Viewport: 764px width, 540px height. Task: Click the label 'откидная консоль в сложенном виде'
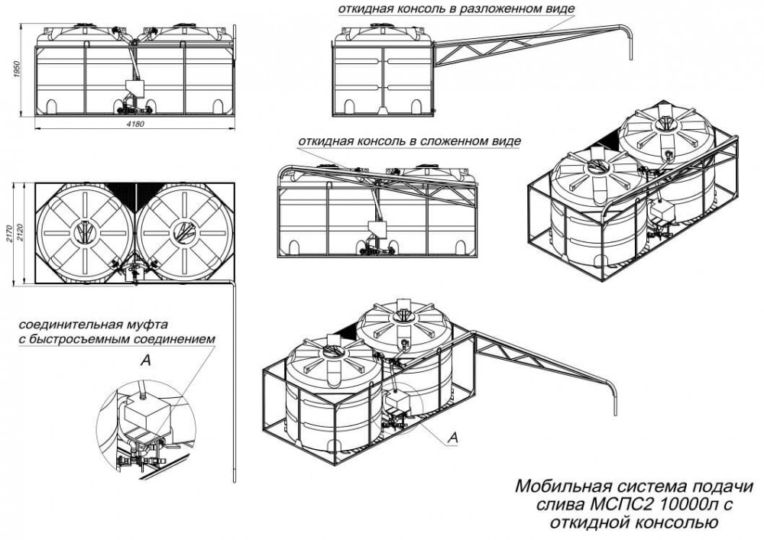coord(410,142)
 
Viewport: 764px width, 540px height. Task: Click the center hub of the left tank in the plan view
coord(86,232)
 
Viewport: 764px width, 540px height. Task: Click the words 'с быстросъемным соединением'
coord(115,339)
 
